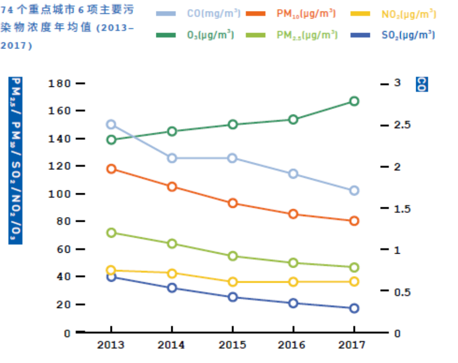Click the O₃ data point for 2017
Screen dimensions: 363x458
coord(354,101)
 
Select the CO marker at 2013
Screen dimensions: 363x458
coord(111,124)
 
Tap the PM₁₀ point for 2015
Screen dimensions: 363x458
coord(233,203)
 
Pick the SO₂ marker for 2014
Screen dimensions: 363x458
coord(172,288)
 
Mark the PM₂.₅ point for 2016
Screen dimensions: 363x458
coord(293,263)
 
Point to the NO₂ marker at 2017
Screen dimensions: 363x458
coord(354,281)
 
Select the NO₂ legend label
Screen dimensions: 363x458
coord(409,14)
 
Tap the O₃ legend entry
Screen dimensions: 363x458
coord(211,35)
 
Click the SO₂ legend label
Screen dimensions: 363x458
coord(408,35)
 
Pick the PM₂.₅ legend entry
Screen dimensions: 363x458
coord(307,35)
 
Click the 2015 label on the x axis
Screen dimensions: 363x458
coord(233,344)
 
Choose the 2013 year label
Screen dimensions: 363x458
coord(111,344)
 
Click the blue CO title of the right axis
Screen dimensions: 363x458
coord(421,84)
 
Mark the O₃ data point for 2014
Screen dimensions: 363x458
coord(172,131)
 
